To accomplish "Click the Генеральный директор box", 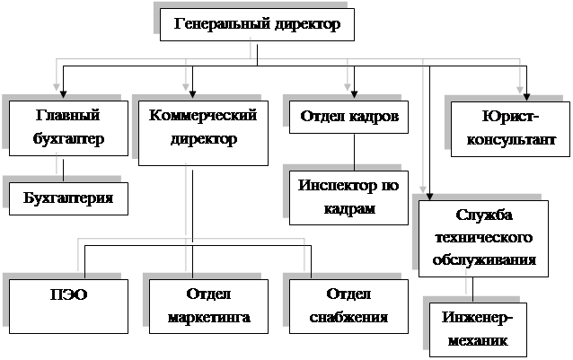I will (x=256, y=24).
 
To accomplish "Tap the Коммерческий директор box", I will (x=203, y=133).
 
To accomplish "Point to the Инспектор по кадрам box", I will (x=349, y=197).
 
